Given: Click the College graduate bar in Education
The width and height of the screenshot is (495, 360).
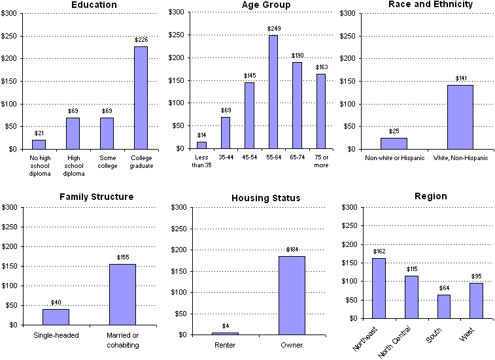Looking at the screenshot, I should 141,98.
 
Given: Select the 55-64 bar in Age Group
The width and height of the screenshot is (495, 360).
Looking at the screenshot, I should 273,92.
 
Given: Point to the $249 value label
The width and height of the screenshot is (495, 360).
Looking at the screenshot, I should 273,29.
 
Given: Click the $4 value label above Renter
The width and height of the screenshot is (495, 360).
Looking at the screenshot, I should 225,326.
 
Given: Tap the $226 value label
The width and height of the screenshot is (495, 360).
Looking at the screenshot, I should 141,40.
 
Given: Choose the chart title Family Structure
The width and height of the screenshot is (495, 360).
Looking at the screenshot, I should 96,197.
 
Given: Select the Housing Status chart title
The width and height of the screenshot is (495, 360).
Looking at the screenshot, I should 265,198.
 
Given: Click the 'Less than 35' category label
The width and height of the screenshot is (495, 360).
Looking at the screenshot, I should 201,161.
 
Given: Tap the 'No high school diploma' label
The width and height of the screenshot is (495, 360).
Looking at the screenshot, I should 39,165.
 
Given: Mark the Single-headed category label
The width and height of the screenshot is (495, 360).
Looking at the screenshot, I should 56,336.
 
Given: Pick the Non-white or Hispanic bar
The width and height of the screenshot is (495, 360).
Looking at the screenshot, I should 394,143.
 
